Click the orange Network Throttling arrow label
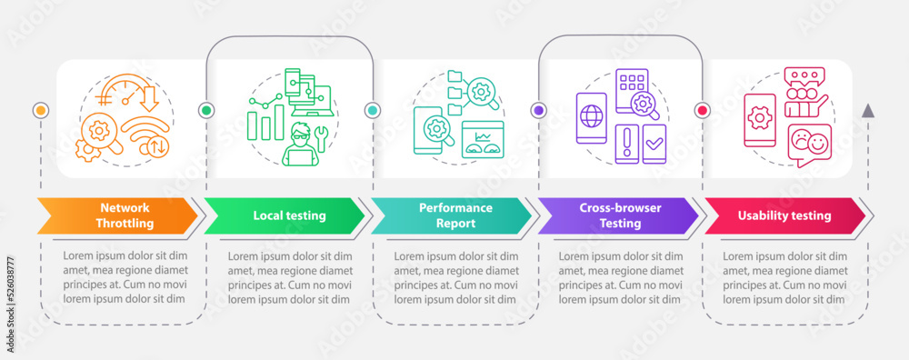pos(118,215)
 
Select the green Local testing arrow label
pos(283,215)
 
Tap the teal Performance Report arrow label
pos(450,215)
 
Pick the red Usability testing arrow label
pos(784,215)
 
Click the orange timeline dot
pos(40,110)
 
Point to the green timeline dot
pos(205,110)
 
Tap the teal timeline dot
pos(373,110)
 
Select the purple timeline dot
pos(538,110)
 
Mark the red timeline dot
pos(702,110)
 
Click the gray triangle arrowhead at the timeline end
pos(867,111)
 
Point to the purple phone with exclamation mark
pos(627,145)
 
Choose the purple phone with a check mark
pos(654,144)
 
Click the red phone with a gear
pos(759,119)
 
